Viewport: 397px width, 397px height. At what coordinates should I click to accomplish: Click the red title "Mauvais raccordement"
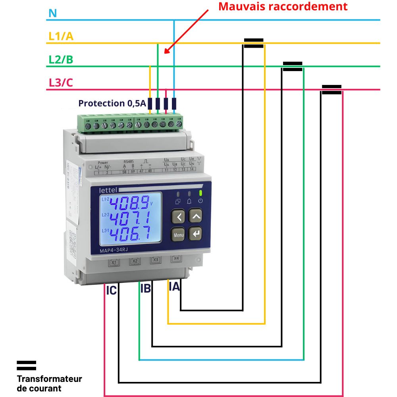(x=283, y=6)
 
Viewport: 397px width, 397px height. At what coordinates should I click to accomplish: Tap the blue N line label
(x=52, y=13)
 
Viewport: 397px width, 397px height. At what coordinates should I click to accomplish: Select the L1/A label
(x=61, y=37)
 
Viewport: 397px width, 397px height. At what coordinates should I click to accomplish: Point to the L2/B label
(x=61, y=60)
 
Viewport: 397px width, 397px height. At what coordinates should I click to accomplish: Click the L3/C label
(x=61, y=83)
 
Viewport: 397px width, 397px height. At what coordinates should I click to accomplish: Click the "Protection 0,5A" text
(x=112, y=104)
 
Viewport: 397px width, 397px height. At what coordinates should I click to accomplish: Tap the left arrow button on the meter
(x=179, y=217)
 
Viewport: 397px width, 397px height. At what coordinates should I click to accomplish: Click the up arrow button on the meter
(x=195, y=216)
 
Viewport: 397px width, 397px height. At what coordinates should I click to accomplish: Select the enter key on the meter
(x=195, y=234)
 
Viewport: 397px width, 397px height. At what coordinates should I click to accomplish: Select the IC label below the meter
(x=111, y=291)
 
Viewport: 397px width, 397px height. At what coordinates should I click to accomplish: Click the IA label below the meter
(x=174, y=287)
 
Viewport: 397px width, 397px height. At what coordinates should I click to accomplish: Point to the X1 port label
(x=114, y=262)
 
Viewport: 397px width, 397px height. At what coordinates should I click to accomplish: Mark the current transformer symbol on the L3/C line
(x=331, y=90)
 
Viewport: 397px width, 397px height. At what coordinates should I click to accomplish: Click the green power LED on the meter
(x=201, y=193)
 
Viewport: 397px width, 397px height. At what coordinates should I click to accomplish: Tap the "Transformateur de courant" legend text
(x=49, y=383)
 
